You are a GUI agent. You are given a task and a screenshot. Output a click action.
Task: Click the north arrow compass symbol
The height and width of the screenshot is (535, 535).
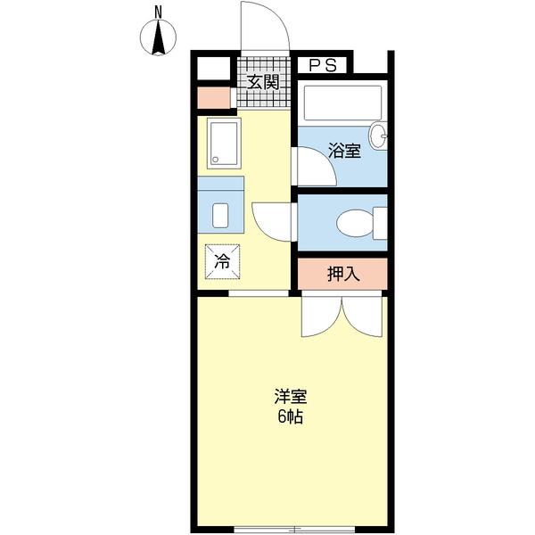[158, 37]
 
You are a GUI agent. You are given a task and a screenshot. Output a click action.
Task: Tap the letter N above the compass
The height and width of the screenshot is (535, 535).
[158, 11]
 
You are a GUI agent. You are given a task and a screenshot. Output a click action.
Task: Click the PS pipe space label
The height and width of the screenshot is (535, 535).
[322, 65]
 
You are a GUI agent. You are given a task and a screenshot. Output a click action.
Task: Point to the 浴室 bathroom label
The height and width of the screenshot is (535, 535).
[344, 152]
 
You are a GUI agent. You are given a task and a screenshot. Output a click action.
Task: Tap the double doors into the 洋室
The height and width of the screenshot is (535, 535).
[342, 316]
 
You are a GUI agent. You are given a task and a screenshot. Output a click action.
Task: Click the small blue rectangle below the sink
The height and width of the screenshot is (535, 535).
[220, 215]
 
